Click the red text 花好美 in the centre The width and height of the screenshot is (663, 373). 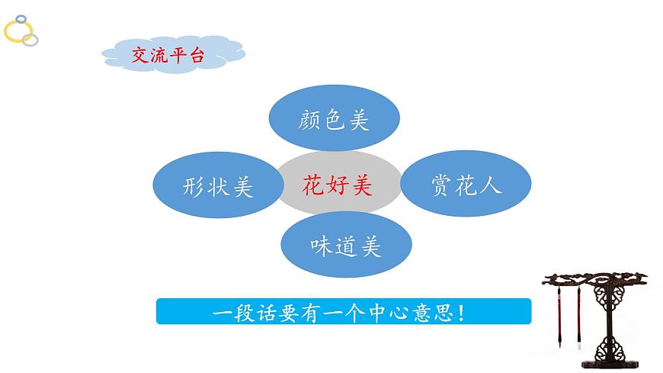point(338,185)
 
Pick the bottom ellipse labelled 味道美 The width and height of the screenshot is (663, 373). point(346,246)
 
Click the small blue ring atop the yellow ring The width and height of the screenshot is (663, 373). point(21,18)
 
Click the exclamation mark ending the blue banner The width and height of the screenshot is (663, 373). point(463,312)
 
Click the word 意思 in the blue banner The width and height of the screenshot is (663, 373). point(434,312)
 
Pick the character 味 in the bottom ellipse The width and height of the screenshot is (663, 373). point(321,246)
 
